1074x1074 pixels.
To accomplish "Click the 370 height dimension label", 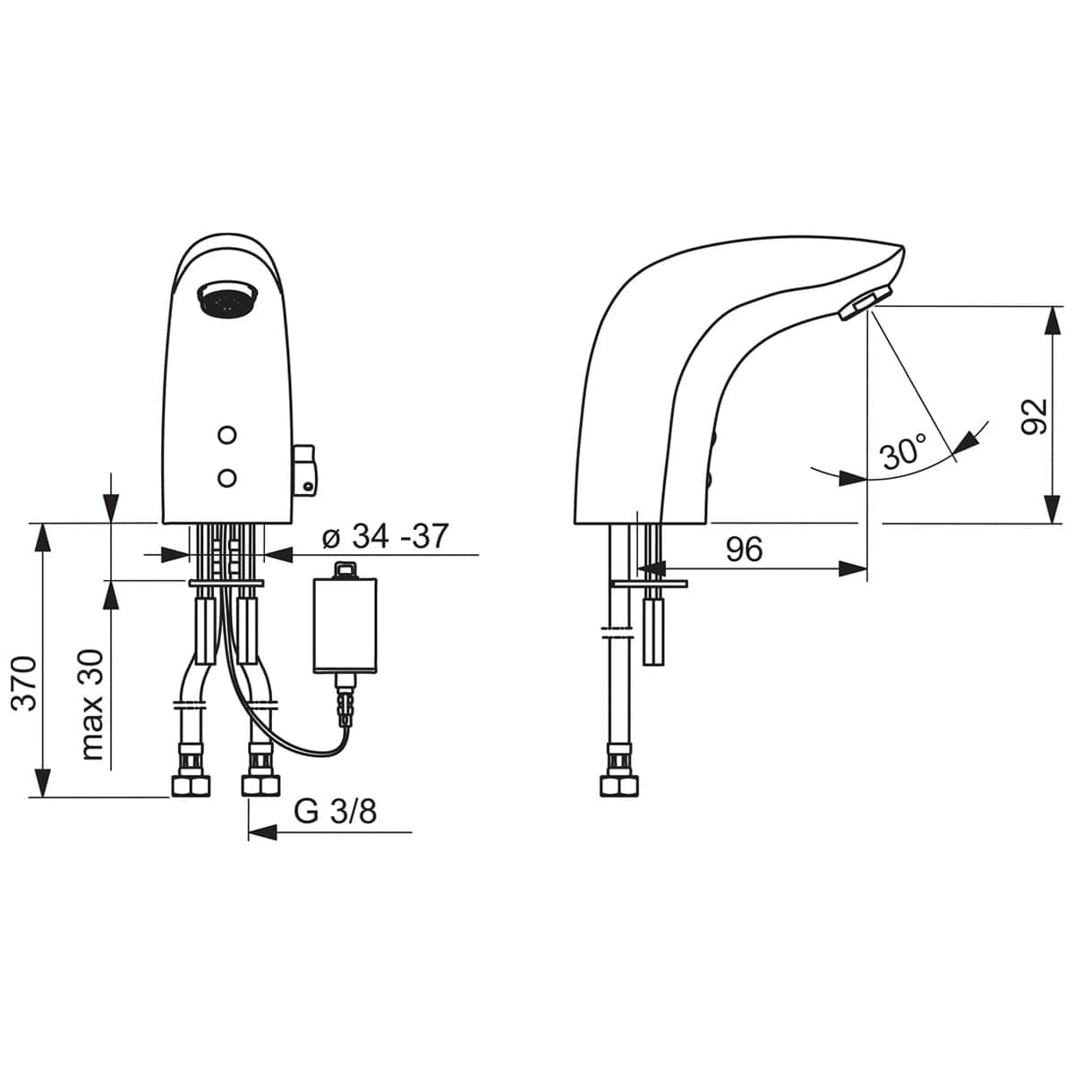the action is click(x=25, y=683).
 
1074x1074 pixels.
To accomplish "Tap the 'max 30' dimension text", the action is click(x=92, y=704).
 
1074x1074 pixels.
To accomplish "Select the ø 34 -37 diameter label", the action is click(x=385, y=537).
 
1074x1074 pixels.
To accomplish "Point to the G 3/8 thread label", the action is click(x=336, y=812).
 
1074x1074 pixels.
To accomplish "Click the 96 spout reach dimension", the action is click(x=744, y=550).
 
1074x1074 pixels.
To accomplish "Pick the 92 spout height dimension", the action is click(x=1035, y=416).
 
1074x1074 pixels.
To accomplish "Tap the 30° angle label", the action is click(x=904, y=451).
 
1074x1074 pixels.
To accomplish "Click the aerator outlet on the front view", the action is click(x=226, y=299).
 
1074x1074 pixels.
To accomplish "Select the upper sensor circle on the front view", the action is click(x=227, y=435).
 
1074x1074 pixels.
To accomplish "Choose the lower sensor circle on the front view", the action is click(x=227, y=478).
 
